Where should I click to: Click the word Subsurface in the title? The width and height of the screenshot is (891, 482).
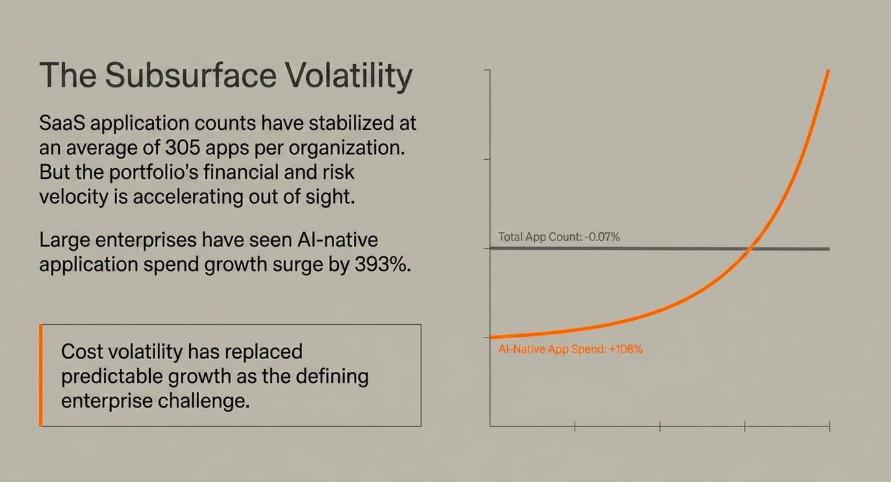[190, 75]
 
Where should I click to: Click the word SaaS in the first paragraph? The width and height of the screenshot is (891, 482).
[62, 123]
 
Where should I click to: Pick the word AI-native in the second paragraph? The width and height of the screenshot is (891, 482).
[338, 239]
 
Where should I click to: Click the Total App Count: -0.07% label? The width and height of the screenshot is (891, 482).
[559, 237]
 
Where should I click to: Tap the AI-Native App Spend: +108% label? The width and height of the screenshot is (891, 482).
[570, 349]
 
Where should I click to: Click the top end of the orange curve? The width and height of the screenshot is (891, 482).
[829, 71]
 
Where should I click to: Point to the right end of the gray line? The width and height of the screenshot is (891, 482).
[829, 249]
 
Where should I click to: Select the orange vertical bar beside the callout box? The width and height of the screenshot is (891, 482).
[41, 375]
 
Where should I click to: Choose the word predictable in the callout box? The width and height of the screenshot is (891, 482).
[112, 376]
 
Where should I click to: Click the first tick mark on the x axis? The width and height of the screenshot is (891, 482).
[575, 427]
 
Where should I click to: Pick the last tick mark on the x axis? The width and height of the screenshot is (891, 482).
[830, 427]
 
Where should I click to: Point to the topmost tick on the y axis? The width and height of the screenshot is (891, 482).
[487, 70]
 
